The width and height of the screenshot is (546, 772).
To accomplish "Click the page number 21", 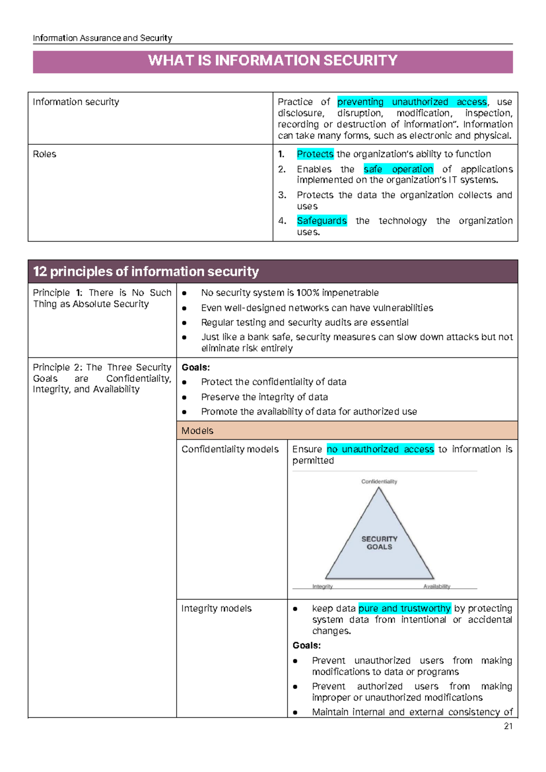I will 508,726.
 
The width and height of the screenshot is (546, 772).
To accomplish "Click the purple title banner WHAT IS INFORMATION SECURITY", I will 273,61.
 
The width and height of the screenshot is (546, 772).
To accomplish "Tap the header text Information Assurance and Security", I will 102,38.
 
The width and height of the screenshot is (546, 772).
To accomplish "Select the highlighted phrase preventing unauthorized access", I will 412,102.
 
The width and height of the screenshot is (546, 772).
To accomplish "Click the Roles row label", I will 45,154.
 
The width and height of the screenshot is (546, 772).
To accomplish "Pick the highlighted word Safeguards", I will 322,221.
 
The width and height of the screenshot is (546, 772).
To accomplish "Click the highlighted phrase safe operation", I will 398,169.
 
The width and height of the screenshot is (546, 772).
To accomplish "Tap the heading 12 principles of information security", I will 146,272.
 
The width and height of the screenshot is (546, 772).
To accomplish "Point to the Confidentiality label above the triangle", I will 379,482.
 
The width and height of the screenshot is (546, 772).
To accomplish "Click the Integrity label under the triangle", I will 322,586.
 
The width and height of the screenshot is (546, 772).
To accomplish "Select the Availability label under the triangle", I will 437,586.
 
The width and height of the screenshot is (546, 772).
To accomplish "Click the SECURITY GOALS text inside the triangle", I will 379,543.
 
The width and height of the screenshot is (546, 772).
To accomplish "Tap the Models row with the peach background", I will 347,431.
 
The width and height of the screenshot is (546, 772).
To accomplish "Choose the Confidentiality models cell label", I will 230,449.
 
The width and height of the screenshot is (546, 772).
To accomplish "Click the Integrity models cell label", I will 216,609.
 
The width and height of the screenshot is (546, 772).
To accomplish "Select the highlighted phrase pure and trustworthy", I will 404,609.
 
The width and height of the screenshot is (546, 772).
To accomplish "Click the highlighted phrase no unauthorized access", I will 380,449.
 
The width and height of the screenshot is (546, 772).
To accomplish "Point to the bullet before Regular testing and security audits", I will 184,323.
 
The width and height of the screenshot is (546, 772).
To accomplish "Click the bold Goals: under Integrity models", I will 306,645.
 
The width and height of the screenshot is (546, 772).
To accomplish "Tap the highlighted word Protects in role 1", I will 315,154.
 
